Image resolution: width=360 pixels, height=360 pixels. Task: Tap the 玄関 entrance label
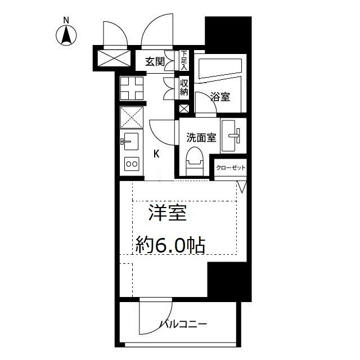[155, 62]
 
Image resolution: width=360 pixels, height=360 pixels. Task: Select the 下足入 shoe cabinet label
[184, 60]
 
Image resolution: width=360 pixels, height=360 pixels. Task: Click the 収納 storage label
[184, 88]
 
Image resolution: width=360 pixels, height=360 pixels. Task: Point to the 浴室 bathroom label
[220, 97]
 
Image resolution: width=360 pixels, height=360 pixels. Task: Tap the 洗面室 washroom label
[201, 137]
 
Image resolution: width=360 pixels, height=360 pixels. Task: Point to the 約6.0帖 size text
[169, 245]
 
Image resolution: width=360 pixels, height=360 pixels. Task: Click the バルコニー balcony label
[184, 324]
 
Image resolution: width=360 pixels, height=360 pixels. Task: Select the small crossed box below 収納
[184, 109]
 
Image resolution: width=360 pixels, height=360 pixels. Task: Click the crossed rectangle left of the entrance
[113, 57]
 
